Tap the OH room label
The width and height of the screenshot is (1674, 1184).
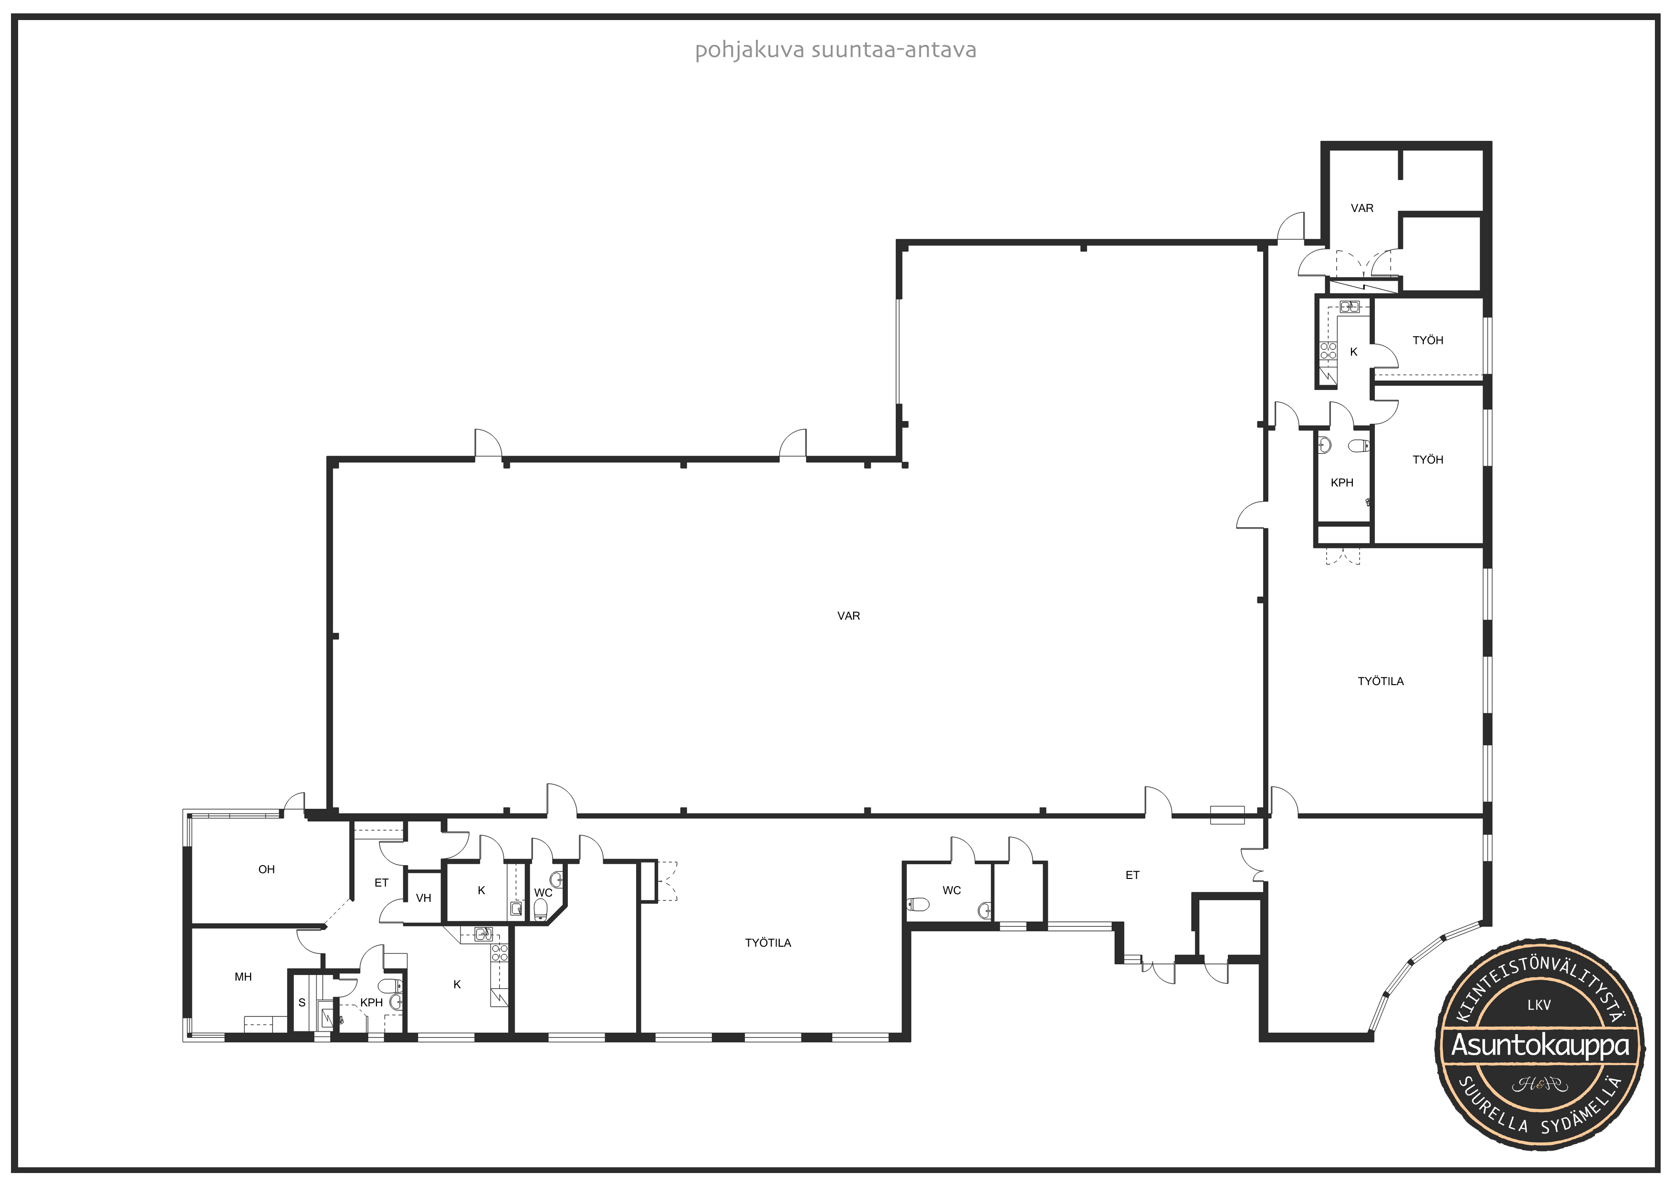point(266,869)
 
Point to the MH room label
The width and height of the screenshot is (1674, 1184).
point(243,977)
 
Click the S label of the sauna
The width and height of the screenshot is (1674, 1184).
point(302,1003)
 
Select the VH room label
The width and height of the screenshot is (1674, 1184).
point(424,898)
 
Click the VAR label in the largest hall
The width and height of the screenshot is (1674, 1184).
point(848,616)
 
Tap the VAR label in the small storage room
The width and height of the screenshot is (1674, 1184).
point(1362,208)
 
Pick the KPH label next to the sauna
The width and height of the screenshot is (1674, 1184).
point(371,1003)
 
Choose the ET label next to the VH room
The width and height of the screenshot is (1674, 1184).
point(381,883)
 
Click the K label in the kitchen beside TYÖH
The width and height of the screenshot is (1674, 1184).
point(1354,352)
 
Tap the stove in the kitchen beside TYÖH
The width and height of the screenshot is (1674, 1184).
point(1329,351)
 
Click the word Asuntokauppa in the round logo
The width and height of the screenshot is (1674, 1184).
point(1540,1044)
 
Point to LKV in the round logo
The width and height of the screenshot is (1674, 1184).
point(1539,1004)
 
